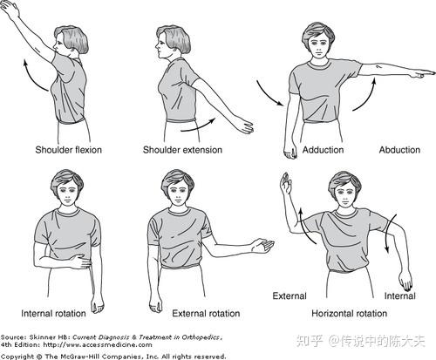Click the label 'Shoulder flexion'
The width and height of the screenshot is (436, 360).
click(x=68, y=150)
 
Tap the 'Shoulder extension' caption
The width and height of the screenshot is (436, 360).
click(x=182, y=150)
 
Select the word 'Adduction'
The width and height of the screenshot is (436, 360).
click(x=323, y=150)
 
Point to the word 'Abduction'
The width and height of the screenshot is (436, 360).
click(x=399, y=150)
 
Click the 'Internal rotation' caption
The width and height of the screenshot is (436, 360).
click(x=53, y=314)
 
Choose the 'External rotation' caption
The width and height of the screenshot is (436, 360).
click(x=206, y=314)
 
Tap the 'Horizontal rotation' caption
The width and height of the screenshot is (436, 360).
click(x=350, y=314)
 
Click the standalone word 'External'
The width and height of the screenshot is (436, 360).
click(x=290, y=296)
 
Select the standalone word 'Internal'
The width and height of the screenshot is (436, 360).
click(x=400, y=296)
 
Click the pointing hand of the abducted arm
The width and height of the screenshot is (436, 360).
click(x=422, y=74)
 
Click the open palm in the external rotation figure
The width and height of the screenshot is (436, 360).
click(x=262, y=246)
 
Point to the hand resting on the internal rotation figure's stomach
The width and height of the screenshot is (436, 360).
click(x=80, y=262)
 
